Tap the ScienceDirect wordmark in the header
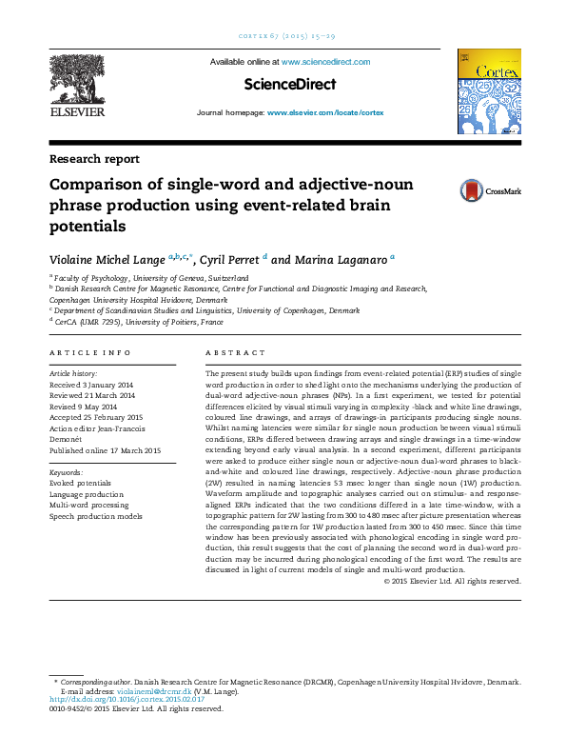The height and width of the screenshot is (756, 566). [x=290, y=85]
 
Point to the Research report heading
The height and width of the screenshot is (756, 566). [x=94, y=159]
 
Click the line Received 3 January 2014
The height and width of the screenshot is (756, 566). [x=91, y=385]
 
